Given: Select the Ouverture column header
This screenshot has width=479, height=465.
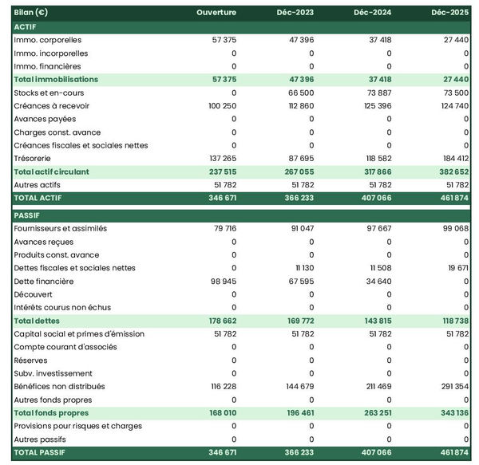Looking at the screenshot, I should pyautogui.click(x=217, y=13).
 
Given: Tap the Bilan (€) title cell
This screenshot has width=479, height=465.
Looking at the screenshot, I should pyautogui.click(x=31, y=13).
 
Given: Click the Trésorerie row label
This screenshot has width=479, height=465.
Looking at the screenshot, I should pyautogui.click(x=33, y=159).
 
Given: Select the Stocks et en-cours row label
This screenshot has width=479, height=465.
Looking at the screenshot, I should pyautogui.click(x=49, y=93).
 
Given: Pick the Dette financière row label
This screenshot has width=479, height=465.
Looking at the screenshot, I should pyautogui.click(x=44, y=281).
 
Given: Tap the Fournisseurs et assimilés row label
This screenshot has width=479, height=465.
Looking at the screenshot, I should pyautogui.click(x=61, y=228).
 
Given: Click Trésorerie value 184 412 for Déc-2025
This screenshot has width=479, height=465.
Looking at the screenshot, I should pyautogui.click(x=453, y=159).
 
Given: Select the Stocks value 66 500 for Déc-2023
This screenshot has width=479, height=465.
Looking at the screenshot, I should pyautogui.click(x=299, y=93).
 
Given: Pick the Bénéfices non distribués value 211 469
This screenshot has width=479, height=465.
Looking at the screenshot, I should pyautogui.click(x=375, y=387).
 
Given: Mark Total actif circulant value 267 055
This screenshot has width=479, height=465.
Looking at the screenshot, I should pyautogui.click(x=297, y=171).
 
